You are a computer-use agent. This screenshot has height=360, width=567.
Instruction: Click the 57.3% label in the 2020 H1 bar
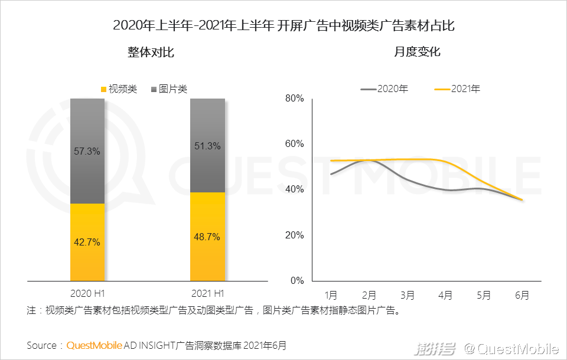coord(87,151)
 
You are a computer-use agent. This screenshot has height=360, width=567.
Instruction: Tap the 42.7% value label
coord(87,242)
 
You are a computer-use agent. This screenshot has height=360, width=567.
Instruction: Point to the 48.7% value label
coord(207,237)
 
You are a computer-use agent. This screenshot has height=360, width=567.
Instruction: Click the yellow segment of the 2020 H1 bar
coord(87,260)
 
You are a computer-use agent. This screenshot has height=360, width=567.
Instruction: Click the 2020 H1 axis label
coord(87,293)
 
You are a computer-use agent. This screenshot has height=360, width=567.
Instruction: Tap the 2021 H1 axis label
coord(207,293)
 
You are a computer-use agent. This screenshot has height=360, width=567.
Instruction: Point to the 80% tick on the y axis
coord(294,99)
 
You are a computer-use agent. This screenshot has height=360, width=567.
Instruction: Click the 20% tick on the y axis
coord(294,235)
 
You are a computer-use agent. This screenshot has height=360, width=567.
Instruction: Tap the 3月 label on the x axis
coord(408,295)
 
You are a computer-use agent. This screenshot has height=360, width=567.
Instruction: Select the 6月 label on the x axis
coord(522,295)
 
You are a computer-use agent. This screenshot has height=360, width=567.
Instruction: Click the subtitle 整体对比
coord(151,53)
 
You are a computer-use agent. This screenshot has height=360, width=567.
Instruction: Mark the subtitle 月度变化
coord(417,53)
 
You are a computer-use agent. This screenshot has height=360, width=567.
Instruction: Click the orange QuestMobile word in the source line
coord(94,345)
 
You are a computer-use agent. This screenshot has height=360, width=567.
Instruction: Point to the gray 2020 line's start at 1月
coord(332,174)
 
